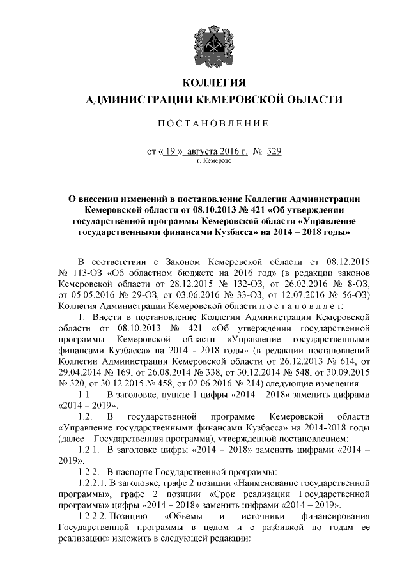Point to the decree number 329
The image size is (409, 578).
[x=274, y=151]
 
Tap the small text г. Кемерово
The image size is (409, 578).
[x=215, y=162]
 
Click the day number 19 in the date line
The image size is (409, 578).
[x=170, y=151]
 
